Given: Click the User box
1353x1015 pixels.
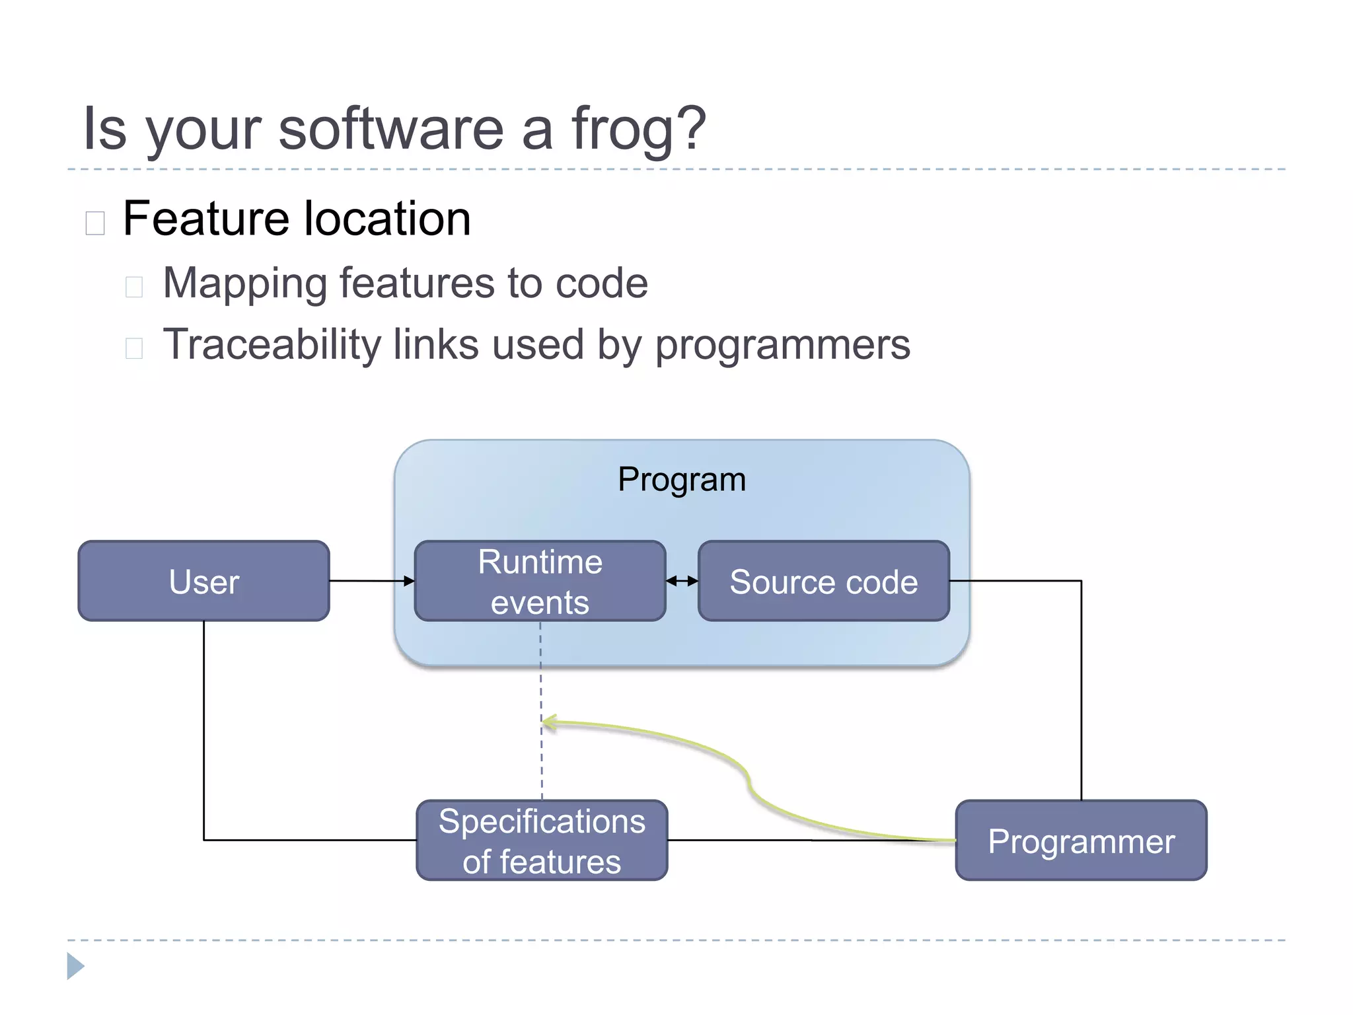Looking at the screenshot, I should pyautogui.click(x=203, y=581).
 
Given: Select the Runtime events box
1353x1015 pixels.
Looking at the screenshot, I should pyautogui.click(x=540, y=581).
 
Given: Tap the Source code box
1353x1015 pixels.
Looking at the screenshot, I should pyautogui.click(x=823, y=581).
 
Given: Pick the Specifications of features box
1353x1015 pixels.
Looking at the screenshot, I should pyautogui.click(x=542, y=840).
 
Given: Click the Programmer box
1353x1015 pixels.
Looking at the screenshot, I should pyautogui.click(x=1081, y=840).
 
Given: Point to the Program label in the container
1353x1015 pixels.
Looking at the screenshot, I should pyautogui.click(x=681, y=479).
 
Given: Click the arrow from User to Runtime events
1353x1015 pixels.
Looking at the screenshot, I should pyautogui.click(x=370, y=581).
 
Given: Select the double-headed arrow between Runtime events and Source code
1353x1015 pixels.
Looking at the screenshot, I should pyautogui.click(x=682, y=581).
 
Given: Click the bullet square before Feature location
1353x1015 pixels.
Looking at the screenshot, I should pyautogui.click(x=95, y=223).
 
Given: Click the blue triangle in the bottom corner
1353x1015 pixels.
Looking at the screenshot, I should pyautogui.click(x=75, y=966).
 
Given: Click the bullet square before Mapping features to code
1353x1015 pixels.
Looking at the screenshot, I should pyautogui.click(x=134, y=287).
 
